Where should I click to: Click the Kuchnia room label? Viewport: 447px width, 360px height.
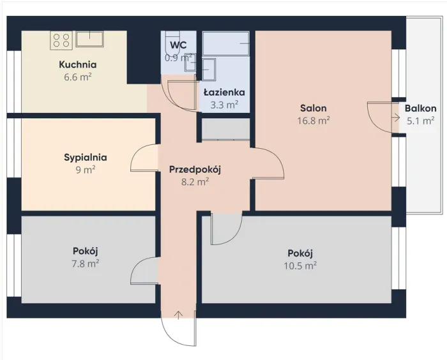[x=77, y=64]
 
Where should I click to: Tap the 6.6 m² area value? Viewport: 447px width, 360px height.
[x=77, y=77]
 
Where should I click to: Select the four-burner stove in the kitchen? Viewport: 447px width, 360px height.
[x=61, y=40]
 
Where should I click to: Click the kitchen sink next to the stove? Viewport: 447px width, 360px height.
[x=89, y=39]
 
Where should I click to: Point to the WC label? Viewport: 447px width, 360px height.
[x=178, y=45]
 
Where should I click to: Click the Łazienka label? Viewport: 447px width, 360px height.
[x=224, y=93]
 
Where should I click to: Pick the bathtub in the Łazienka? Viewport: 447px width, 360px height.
[x=226, y=43]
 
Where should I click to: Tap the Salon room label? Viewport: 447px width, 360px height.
[x=314, y=109]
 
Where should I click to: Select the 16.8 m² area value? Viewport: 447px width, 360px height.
[x=314, y=121]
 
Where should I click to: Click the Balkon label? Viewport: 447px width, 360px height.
[x=420, y=109]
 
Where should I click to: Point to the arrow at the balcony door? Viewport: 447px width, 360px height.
[x=396, y=117]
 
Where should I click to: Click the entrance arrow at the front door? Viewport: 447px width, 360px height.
[x=178, y=315]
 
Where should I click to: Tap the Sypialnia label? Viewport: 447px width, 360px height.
[x=86, y=157]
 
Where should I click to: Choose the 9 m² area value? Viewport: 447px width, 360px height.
[x=86, y=170]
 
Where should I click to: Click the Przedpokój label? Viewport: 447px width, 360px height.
[x=195, y=169]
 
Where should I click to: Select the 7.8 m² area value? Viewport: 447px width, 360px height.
[x=85, y=264]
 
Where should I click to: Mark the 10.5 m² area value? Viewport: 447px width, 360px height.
[x=300, y=266]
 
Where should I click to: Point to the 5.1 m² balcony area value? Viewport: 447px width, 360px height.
[x=421, y=121]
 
